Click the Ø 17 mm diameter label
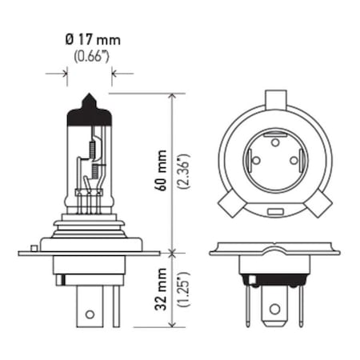tap(89, 38)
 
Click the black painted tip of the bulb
tap(89, 112)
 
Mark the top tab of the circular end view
tap(274, 101)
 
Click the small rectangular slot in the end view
tap(274, 211)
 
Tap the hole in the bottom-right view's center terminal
tap(274, 307)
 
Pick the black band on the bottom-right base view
tap(274, 280)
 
